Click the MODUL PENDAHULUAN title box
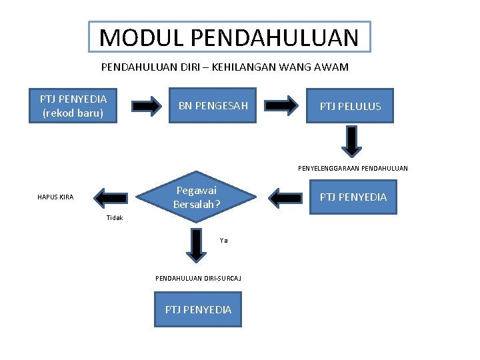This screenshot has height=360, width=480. point(229,37)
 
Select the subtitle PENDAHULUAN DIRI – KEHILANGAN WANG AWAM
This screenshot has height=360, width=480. point(225,67)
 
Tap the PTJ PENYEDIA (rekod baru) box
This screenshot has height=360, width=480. point(73,106)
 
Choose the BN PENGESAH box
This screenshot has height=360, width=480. point(213,106)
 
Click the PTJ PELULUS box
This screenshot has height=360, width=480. point(350,106)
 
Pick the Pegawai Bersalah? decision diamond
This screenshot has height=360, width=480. point(197,197)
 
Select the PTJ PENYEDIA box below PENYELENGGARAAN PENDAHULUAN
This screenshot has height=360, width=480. point(353,197)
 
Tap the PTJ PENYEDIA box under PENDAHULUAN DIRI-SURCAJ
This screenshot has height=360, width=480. point(198,309)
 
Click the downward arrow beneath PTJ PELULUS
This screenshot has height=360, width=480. point(352,141)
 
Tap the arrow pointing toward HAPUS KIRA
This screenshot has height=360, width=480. point(111,197)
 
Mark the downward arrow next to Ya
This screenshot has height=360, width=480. point(196,245)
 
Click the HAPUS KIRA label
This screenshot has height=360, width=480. point(55,197)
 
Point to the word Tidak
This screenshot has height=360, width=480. point(115,218)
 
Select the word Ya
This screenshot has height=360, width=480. point(223,241)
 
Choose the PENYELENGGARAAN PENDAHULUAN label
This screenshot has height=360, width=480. point(353,168)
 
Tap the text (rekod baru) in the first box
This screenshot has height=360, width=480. point(73,113)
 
